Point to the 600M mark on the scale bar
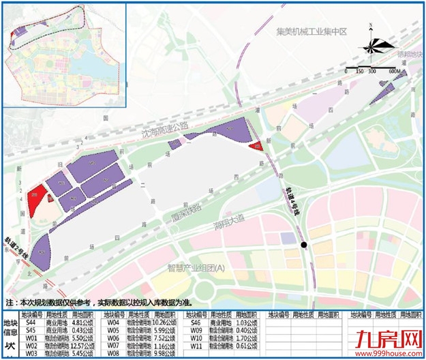395,70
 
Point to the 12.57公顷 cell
85,346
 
